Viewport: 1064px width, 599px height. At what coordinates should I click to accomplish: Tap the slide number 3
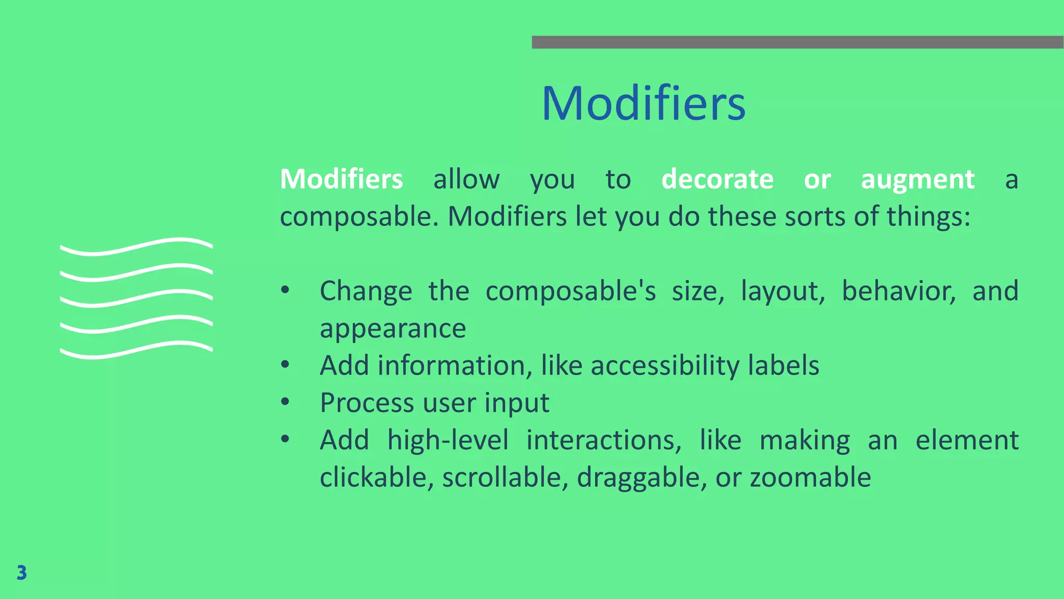(x=21, y=572)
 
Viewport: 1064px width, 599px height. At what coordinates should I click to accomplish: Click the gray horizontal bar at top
(x=797, y=42)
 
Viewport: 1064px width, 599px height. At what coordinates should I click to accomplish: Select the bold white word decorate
(x=717, y=179)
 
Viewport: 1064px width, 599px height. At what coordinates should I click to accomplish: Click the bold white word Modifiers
(x=341, y=179)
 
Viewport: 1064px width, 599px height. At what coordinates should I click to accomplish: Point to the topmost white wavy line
(x=136, y=246)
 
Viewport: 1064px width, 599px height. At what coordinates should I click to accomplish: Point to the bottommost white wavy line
(x=136, y=350)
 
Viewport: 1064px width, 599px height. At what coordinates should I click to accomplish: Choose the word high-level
(x=448, y=440)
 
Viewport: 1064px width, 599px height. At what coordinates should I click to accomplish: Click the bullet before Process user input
(x=285, y=402)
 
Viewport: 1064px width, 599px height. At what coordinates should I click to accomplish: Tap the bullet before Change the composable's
(x=285, y=290)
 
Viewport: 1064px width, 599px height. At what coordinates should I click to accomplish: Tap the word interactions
(x=604, y=440)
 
